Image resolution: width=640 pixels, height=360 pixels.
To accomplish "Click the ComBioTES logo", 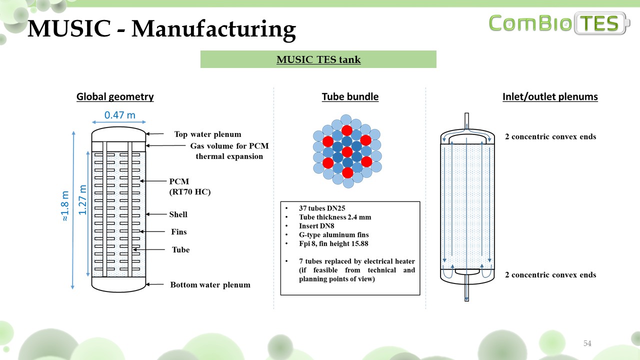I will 559,23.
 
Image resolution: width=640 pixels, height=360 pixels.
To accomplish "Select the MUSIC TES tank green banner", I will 318,59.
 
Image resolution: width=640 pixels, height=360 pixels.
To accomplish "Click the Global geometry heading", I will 115,97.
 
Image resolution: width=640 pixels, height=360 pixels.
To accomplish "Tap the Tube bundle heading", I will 350,97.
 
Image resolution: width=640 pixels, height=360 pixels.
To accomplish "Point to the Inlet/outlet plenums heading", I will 550,97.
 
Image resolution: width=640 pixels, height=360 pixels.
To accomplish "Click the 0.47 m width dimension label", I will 119,115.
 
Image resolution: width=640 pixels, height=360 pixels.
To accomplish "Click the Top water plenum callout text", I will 207,134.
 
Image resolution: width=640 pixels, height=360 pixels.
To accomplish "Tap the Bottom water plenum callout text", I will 210,285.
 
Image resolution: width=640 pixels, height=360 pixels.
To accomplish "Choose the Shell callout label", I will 178,214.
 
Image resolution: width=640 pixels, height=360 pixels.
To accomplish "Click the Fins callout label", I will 178,232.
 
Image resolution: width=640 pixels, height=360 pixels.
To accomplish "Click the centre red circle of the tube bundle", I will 347,151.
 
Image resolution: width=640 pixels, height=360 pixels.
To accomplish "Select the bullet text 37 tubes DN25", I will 322,208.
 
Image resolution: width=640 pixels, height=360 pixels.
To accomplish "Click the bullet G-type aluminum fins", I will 333,234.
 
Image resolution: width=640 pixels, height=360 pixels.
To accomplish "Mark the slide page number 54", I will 587,343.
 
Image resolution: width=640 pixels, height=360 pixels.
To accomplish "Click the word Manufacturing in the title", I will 213,29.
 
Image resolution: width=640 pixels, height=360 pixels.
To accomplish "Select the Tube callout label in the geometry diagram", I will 180,249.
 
